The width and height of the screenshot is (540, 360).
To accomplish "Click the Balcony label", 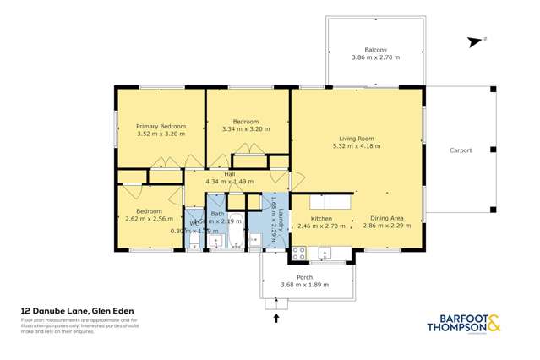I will (x=376, y=49).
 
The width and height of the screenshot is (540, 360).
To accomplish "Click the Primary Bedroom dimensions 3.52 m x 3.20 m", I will (x=161, y=134).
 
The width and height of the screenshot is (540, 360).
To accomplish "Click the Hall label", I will (x=229, y=173).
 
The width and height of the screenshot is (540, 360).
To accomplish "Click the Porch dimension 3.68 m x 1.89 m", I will (x=304, y=285).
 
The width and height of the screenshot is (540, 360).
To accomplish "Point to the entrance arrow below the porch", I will (x=277, y=319).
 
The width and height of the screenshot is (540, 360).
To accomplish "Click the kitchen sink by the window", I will (x=325, y=252).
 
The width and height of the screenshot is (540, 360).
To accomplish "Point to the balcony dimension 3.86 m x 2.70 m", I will (x=376, y=57).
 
